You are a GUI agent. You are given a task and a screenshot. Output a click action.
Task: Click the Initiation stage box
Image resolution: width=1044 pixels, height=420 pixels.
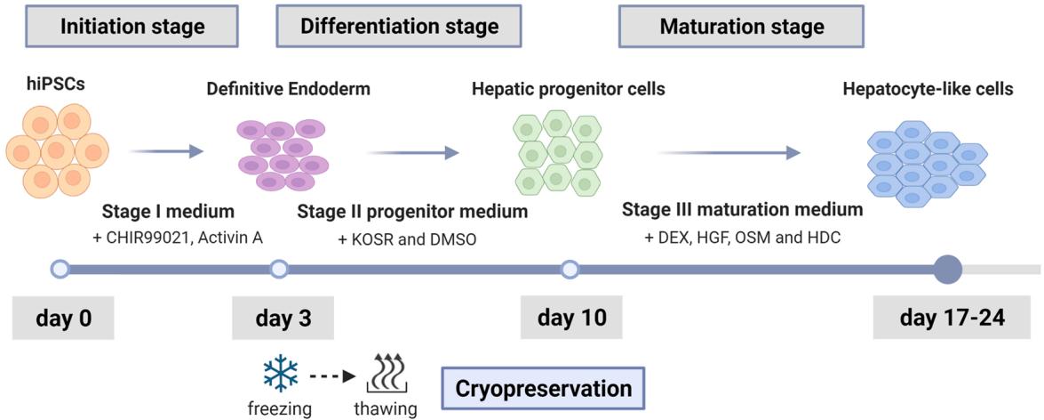pyautogui.click(x=132, y=27)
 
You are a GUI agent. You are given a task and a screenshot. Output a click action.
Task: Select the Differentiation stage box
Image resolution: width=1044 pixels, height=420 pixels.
pyautogui.click(x=399, y=27)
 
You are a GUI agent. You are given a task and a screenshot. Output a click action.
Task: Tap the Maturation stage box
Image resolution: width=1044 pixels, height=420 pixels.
pyautogui.click(x=742, y=27)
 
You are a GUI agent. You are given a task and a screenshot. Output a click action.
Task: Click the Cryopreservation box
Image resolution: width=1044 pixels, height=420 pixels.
pyautogui.click(x=544, y=389)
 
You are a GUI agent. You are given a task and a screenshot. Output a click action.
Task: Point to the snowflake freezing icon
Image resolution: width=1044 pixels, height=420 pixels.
pyautogui.click(x=281, y=376)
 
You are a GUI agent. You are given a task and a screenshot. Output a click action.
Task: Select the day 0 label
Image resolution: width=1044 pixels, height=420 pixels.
pyautogui.click(x=63, y=318)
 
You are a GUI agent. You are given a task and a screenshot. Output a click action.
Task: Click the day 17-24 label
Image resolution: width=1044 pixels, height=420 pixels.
pyautogui.click(x=952, y=318)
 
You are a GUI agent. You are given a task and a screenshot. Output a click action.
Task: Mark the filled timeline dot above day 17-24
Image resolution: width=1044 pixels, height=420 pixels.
pyautogui.click(x=949, y=268)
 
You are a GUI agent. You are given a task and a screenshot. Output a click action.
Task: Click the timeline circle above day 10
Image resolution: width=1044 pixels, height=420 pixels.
pyautogui.click(x=570, y=268)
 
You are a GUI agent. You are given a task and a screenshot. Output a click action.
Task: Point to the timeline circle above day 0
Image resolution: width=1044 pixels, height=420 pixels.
pyautogui.click(x=60, y=268)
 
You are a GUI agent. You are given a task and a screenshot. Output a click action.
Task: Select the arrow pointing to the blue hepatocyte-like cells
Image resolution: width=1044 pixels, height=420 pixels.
pyautogui.click(x=729, y=154)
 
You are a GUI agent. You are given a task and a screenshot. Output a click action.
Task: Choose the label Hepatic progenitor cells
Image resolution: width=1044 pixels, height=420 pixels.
pyautogui.click(x=569, y=89)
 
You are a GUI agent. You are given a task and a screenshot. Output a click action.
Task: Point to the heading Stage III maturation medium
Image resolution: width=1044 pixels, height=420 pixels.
pyautogui.click(x=742, y=211)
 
